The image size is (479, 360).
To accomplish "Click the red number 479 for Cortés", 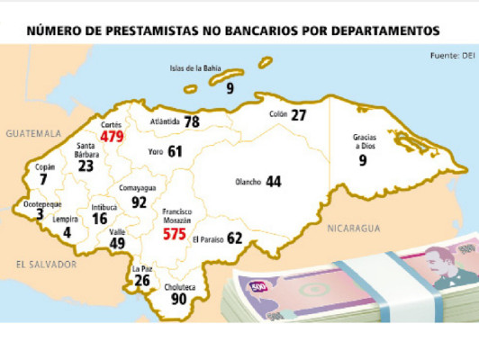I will point(112,137).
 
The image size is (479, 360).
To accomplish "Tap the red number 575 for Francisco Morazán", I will point(174,234).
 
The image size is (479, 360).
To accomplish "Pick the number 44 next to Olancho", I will point(273,182).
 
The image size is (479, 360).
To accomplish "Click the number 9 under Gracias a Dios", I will point(363,161).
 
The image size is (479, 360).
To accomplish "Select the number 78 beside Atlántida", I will point(192,121).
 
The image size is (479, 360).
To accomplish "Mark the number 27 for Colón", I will point(299,115).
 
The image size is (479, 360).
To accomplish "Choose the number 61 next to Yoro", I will point(175,152).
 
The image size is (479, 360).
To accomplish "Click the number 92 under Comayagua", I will point(139,202).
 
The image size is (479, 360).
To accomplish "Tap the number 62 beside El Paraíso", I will point(235,238).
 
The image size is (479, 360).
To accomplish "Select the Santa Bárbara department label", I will point(86,148).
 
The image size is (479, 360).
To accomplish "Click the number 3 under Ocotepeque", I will point(40,215).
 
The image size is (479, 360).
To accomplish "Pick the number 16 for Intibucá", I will point(99,219).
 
